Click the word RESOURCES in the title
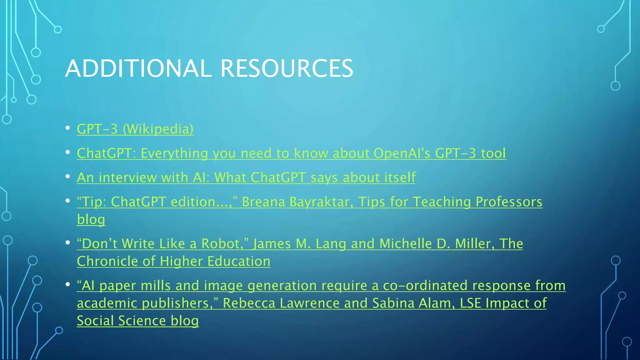tap(287, 68)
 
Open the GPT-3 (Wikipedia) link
tap(135, 129)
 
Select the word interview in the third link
tap(128, 177)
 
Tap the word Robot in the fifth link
tap(221, 244)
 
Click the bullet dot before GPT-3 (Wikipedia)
tap(67, 128)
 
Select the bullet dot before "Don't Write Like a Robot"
tap(67, 242)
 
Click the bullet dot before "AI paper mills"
tap(67, 284)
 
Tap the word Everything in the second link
tap(174, 153)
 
